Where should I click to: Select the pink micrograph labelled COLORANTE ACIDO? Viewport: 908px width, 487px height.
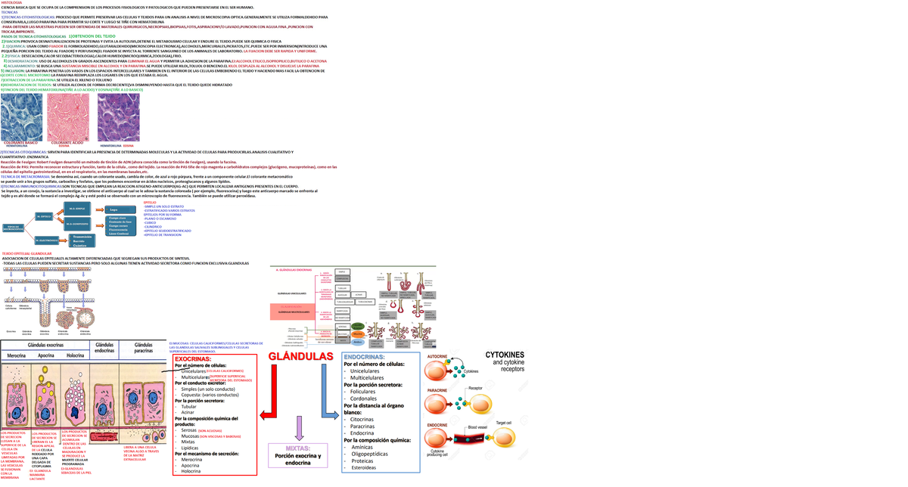68,116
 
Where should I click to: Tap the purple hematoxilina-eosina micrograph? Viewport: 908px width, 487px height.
118,116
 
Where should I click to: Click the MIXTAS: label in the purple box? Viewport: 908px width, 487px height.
298,448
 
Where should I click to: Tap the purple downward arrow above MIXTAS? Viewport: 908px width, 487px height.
299,427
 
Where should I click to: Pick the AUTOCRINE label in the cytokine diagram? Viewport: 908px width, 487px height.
437,356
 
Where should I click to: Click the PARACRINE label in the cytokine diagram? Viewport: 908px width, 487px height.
437,390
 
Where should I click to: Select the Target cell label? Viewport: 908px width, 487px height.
503,423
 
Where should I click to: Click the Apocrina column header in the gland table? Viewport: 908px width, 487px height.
45,355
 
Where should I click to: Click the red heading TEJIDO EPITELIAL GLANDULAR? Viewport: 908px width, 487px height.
27,253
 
